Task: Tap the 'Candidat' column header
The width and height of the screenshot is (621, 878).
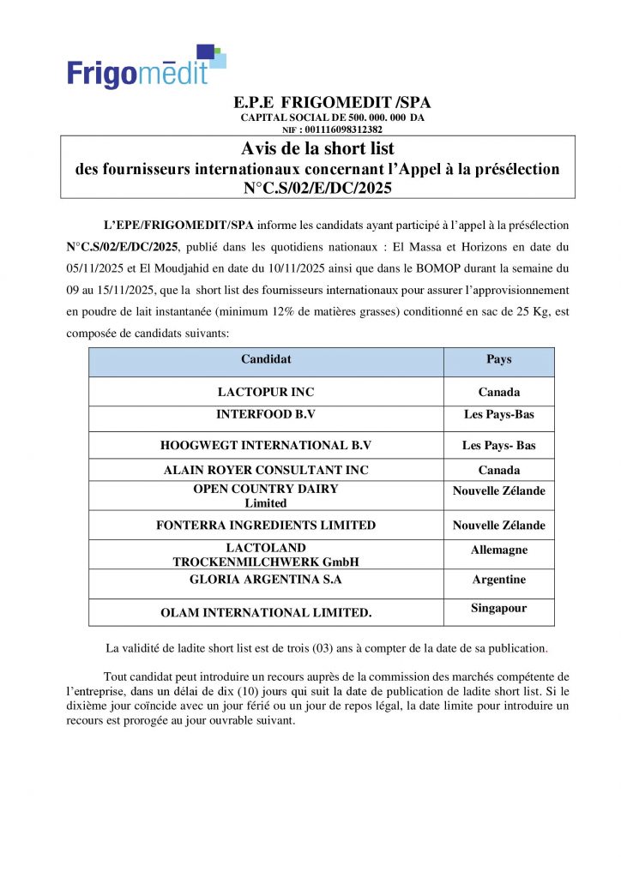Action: (266, 359)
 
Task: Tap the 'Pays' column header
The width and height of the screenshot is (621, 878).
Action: (498, 359)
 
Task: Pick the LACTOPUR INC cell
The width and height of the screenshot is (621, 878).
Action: (266, 392)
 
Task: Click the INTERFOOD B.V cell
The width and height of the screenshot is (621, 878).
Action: (266, 414)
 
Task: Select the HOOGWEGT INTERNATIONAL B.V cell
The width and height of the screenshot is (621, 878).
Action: (266, 446)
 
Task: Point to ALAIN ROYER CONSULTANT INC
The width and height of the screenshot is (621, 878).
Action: (266, 470)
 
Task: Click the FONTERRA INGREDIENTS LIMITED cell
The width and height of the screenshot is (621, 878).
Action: (266, 525)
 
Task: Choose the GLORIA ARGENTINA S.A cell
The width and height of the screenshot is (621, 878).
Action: (266, 580)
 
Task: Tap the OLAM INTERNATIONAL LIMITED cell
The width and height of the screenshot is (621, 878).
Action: (266, 613)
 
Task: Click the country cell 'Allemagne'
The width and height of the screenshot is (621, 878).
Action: (498, 550)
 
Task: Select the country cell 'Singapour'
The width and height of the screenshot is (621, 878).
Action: (498, 608)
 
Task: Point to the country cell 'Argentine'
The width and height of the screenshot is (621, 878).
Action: (498, 580)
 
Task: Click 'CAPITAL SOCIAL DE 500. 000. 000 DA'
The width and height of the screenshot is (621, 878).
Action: (332, 117)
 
